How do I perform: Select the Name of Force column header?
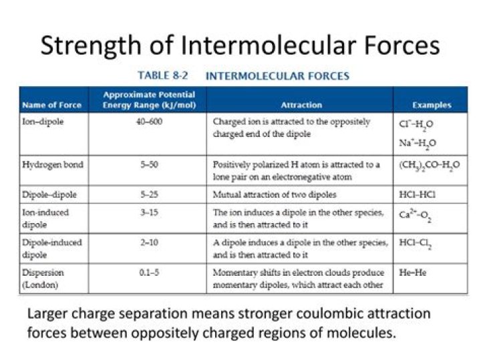coord(51,105)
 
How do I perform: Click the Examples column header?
coord(431,105)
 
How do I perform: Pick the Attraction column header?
coord(301,105)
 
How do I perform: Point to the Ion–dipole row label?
coord(43,122)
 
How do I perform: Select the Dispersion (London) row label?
coord(44,279)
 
